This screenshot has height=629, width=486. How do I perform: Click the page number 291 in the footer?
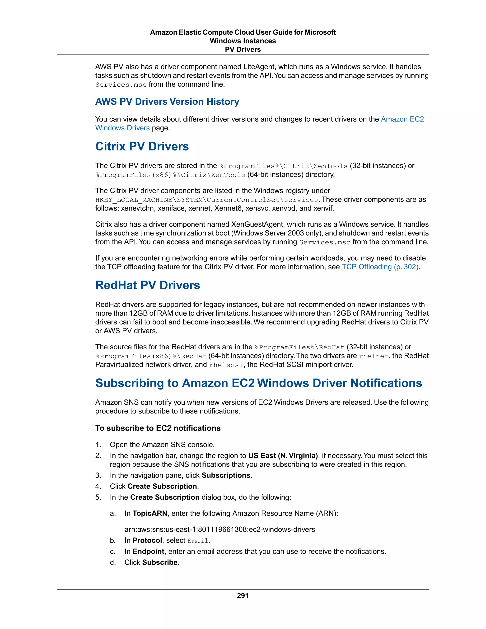pos(243,595)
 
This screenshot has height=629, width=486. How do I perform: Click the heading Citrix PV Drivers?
pos(142,146)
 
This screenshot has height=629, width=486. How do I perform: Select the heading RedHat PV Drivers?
pos(147,285)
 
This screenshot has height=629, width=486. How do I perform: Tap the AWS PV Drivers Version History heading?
pos(167,102)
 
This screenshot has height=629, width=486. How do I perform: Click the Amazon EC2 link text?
pos(402,119)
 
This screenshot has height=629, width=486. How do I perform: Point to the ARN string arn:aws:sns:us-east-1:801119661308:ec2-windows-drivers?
pos(220,529)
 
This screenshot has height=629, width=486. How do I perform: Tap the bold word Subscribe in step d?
pos(160,563)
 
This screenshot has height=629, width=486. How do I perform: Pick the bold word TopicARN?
pos(150,513)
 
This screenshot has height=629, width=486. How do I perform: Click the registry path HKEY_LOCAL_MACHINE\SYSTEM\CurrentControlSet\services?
pos(207,200)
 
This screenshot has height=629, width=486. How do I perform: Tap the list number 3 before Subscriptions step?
pos(98,475)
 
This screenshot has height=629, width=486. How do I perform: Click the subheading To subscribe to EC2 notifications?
pos(158,428)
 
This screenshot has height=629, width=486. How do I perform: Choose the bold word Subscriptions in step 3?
pos(226,475)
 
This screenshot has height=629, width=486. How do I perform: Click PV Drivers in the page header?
pos(243,50)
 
